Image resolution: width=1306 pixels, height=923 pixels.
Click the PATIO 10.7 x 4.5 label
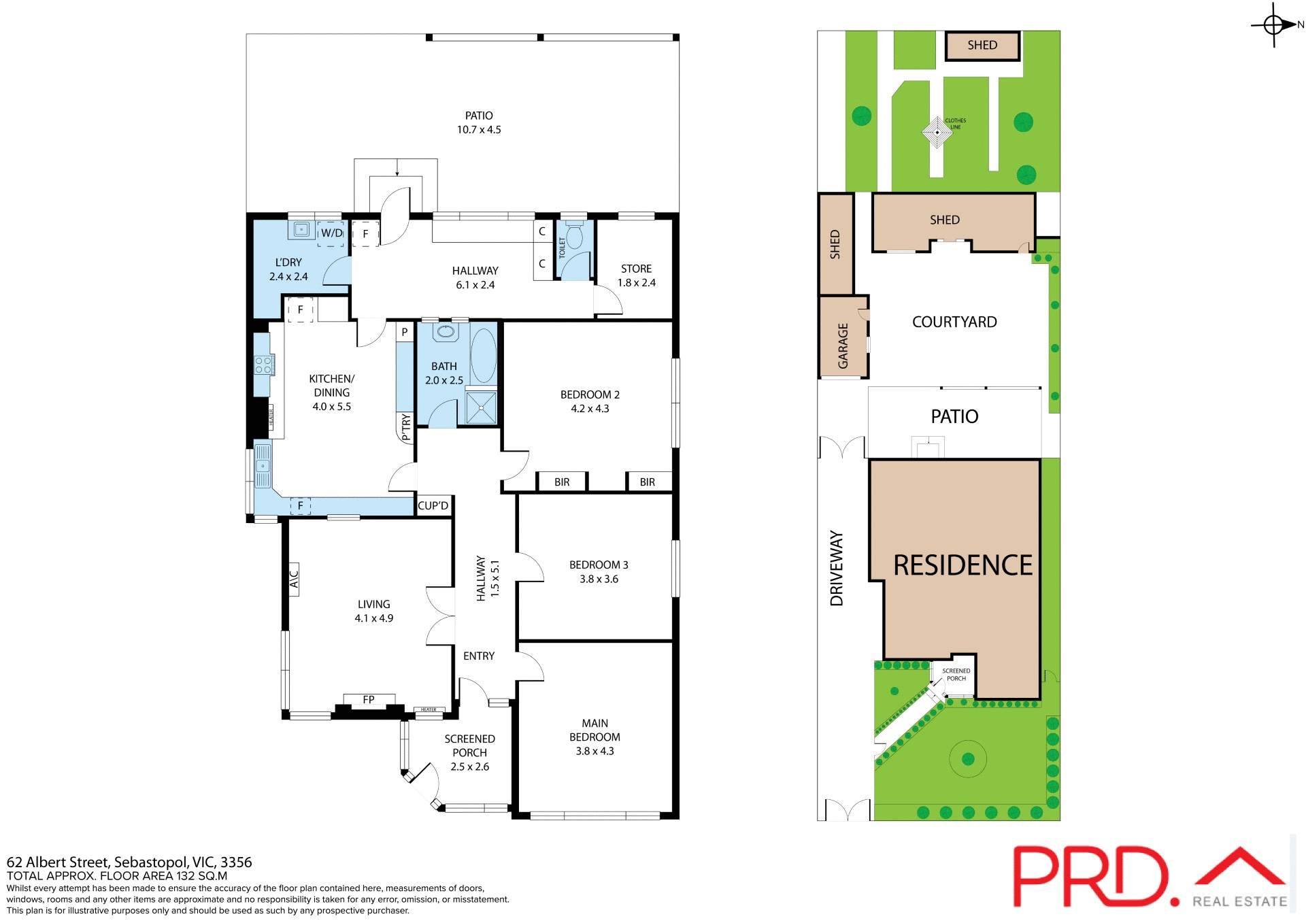click(x=479, y=122)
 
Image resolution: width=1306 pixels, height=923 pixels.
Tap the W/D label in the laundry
click(x=331, y=233)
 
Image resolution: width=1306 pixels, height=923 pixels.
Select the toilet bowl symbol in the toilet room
click(x=575, y=236)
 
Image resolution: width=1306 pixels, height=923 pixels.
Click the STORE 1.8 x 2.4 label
click(x=636, y=275)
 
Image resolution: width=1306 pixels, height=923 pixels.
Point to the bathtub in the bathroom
click(x=484, y=356)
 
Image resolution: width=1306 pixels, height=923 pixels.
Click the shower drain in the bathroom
click(x=482, y=407)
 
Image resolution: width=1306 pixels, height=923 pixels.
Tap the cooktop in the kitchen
click(x=264, y=365)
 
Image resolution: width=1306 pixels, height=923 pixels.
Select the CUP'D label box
click(x=433, y=506)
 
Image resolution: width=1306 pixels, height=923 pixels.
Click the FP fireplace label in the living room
click(x=369, y=699)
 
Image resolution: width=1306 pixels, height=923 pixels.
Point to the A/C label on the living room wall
click(x=294, y=580)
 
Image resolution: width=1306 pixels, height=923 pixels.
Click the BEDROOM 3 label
click(x=599, y=571)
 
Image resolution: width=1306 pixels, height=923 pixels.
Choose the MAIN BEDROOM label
click(x=595, y=737)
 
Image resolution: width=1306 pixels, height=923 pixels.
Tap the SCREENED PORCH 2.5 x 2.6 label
click(x=469, y=752)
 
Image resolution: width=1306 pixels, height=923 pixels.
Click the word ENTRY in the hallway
click(x=479, y=656)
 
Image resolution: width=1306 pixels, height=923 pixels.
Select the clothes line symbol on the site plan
click(x=937, y=132)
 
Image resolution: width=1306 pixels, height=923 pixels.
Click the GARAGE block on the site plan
click(x=843, y=337)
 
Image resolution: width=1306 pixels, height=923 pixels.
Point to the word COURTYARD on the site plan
click(x=954, y=322)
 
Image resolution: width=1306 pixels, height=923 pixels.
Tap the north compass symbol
click(x=1274, y=25)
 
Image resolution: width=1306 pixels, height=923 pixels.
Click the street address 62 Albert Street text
click(x=129, y=862)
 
